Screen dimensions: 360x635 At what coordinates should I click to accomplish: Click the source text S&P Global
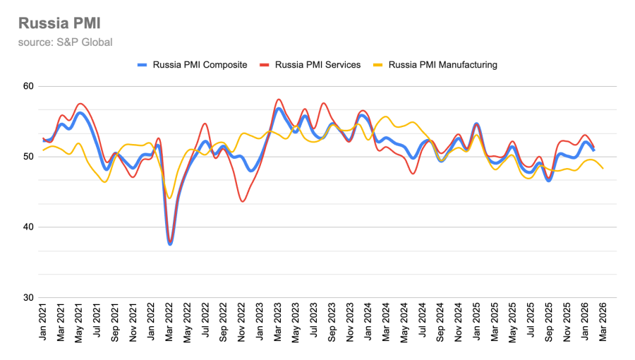[x=66, y=42]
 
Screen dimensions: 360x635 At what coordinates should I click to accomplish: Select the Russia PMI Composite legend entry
[x=192, y=65]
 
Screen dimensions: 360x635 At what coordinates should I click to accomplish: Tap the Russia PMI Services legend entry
[x=310, y=65]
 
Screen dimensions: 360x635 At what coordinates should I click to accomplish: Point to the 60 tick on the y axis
[x=28, y=86]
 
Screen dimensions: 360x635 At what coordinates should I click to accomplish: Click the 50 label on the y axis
[x=28, y=157]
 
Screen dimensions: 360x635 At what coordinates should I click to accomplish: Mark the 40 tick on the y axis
[x=28, y=227]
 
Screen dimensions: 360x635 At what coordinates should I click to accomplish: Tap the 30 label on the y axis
[x=28, y=298]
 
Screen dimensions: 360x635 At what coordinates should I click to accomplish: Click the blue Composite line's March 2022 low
[x=170, y=244]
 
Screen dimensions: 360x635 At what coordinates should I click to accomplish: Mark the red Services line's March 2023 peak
[x=279, y=100]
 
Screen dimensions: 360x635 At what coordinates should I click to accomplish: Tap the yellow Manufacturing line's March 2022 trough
[x=170, y=198]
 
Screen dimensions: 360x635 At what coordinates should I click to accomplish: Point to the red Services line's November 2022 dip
[x=243, y=201]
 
